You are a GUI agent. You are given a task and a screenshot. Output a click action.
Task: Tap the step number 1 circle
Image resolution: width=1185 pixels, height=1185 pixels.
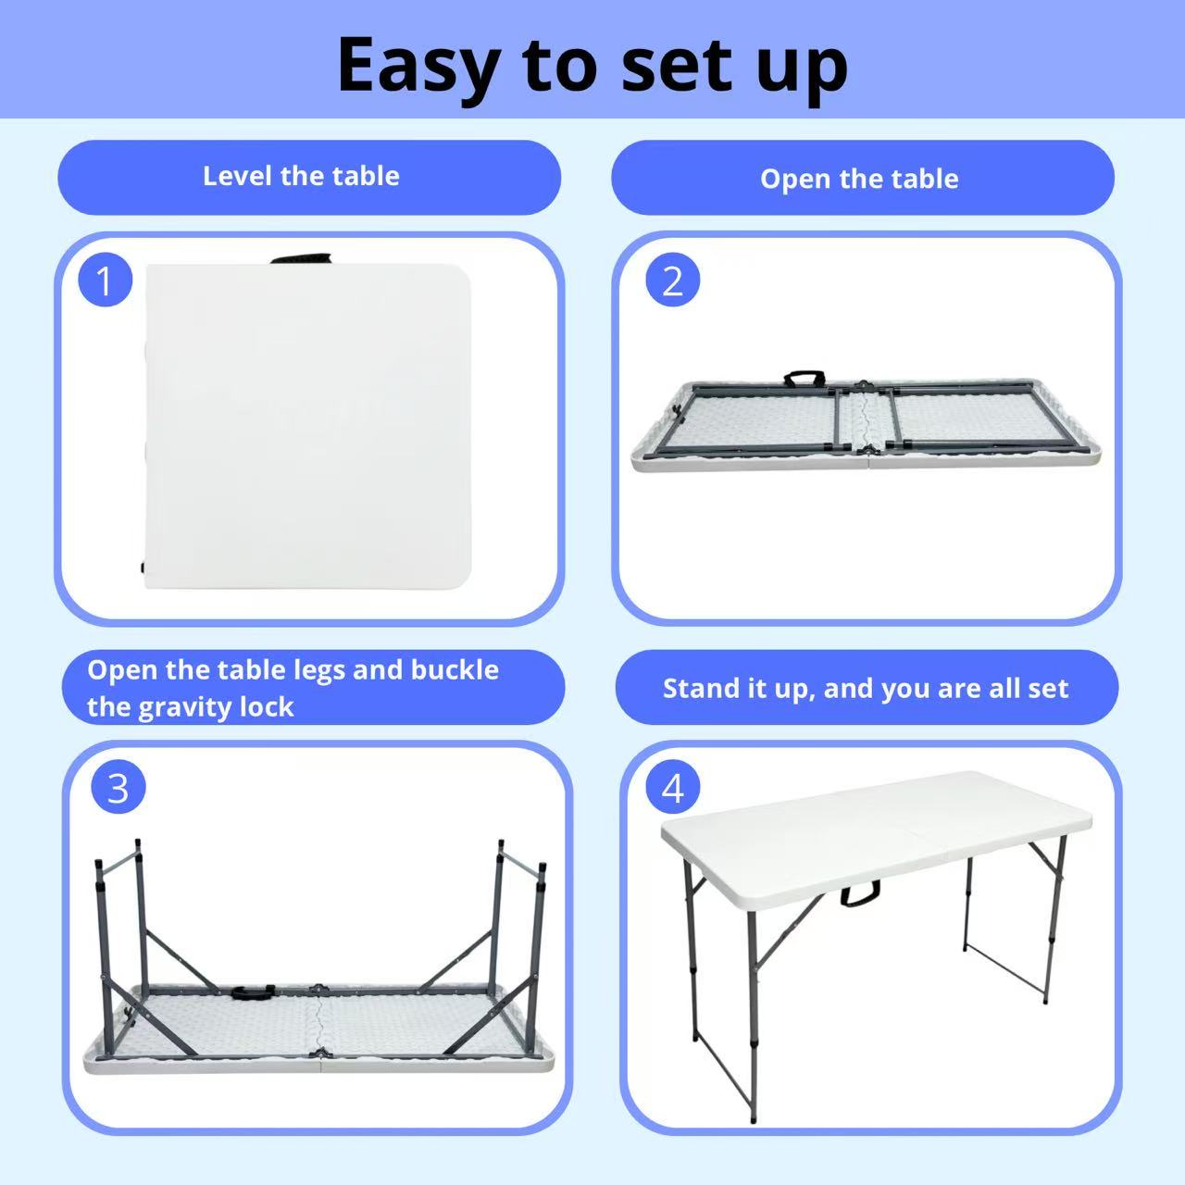pyautogui.click(x=106, y=281)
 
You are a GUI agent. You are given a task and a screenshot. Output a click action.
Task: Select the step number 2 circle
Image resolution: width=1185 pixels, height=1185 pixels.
pyautogui.click(x=672, y=281)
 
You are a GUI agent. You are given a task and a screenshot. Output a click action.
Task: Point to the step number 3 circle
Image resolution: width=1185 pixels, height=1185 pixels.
pyautogui.click(x=118, y=788)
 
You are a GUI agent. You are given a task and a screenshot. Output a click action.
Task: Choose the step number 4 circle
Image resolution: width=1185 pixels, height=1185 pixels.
pyautogui.click(x=672, y=788)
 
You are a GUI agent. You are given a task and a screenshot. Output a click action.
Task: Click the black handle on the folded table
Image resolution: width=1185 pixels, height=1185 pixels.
pyautogui.click(x=302, y=257)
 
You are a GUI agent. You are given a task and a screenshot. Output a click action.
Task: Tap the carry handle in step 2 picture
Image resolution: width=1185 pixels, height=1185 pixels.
pyautogui.click(x=805, y=379)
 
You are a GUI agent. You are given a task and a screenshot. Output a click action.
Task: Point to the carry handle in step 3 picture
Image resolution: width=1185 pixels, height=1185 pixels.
pyautogui.click(x=253, y=992)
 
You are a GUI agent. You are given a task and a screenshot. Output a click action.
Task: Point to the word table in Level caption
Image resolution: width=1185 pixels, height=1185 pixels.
pyautogui.click(x=366, y=177)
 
